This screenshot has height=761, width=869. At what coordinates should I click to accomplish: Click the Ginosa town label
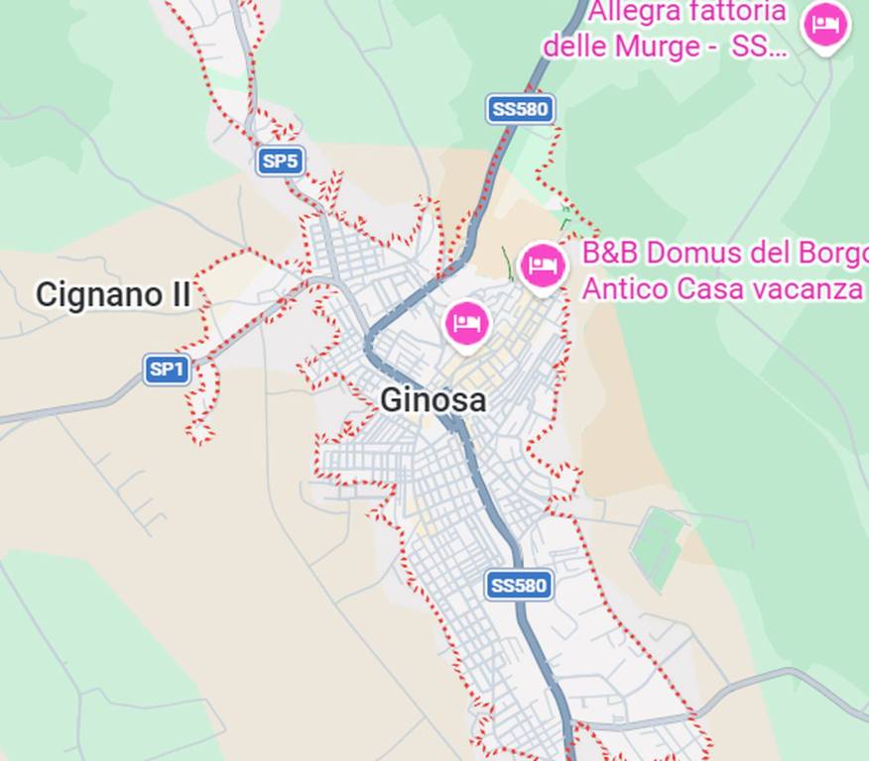(x=434, y=400)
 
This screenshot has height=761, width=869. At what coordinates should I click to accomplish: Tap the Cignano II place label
(x=113, y=294)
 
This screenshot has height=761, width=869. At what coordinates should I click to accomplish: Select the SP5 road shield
(x=280, y=162)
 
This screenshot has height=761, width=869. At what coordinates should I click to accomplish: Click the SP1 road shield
(x=167, y=371)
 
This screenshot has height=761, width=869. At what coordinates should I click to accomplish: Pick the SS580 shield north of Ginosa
(x=520, y=109)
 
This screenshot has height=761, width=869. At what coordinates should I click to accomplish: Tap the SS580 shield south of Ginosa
(x=519, y=586)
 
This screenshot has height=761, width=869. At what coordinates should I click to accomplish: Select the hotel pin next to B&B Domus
(x=543, y=266)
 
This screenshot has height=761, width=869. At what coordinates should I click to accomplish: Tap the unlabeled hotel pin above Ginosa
(x=467, y=323)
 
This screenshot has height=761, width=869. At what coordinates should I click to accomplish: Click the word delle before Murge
(x=574, y=46)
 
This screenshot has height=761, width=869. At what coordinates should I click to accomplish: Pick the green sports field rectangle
(x=658, y=546)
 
